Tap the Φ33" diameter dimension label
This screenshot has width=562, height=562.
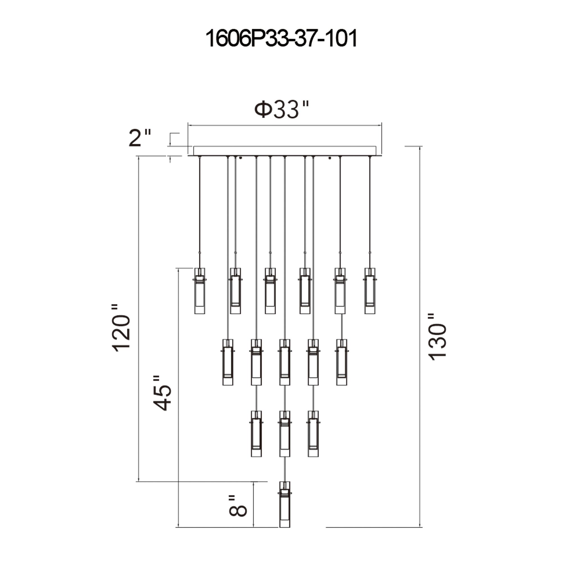(x=281, y=110)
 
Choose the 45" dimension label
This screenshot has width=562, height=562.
(x=162, y=393)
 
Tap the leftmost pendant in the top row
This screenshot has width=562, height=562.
(x=200, y=291)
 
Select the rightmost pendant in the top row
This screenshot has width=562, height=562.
(x=370, y=291)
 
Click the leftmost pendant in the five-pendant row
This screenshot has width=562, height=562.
(x=228, y=362)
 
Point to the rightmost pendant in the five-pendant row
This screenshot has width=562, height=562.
(x=341, y=362)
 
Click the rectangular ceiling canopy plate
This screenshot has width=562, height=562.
(x=284, y=151)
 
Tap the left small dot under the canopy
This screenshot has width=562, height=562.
(x=241, y=158)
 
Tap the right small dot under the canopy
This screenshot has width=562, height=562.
(x=330, y=158)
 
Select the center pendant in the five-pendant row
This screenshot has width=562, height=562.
(x=284, y=362)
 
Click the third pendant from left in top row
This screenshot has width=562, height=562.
(x=270, y=291)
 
